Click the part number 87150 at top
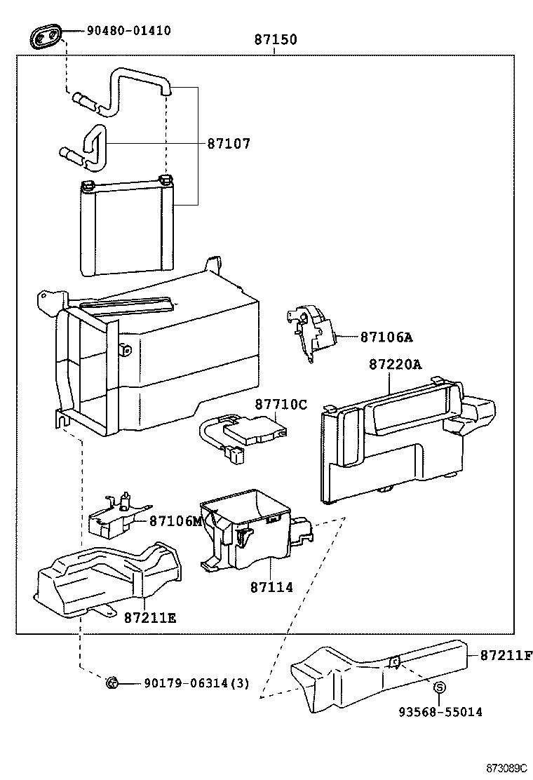(x=275, y=40)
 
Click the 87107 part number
(x=228, y=144)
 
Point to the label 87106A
(x=386, y=337)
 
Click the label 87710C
(x=281, y=405)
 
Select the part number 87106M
(x=175, y=521)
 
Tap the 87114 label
(x=271, y=587)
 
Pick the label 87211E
(x=150, y=617)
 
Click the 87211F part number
(x=506, y=656)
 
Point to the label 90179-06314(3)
(x=196, y=683)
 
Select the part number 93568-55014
(x=440, y=712)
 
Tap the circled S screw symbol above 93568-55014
(x=439, y=688)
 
